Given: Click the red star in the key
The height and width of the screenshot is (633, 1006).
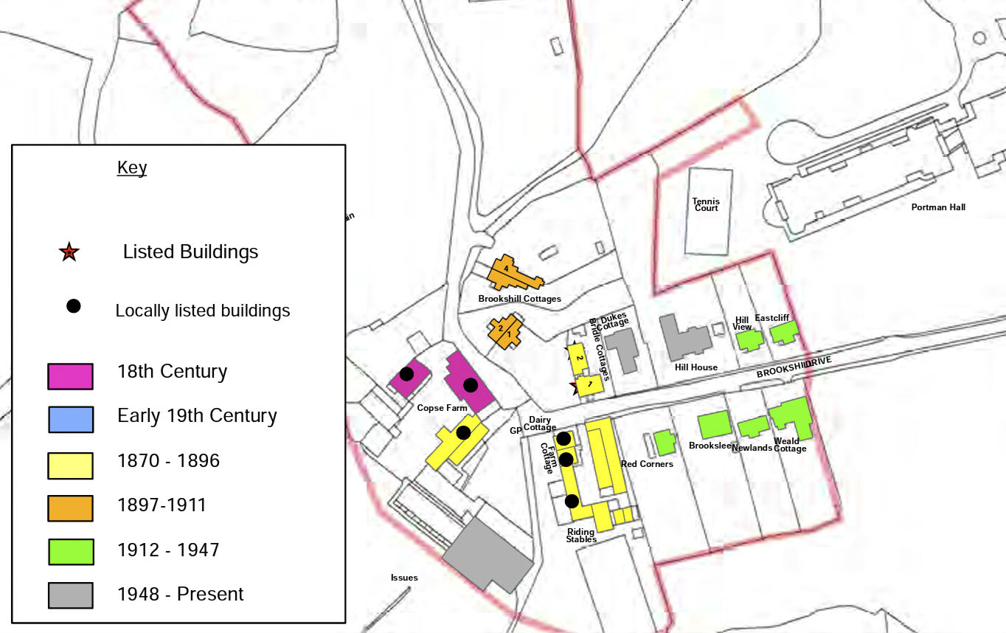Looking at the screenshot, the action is point(69,252).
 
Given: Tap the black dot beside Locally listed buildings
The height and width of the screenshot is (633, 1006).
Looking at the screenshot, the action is point(74,306).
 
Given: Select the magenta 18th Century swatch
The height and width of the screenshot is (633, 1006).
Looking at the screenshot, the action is point(70,376).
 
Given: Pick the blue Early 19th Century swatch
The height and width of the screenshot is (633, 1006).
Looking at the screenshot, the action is point(70,419).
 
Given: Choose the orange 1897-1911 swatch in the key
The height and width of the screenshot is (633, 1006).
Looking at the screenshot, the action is point(70,508).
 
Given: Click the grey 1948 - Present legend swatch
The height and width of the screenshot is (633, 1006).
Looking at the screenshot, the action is point(70,595).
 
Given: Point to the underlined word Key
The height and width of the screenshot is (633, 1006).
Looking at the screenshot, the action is point(132,167).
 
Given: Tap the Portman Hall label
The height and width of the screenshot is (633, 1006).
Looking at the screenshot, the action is point(938,207).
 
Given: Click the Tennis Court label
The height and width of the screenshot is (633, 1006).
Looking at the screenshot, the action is point(706,204).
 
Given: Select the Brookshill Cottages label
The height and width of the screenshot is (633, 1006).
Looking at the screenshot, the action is point(519,299).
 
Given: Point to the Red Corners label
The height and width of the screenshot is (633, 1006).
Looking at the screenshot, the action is point(647,464).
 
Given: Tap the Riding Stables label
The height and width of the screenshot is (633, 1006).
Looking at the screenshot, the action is point(581,536).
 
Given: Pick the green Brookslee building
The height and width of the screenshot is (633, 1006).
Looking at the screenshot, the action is point(714,426).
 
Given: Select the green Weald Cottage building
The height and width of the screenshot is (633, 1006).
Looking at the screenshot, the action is point(793,418).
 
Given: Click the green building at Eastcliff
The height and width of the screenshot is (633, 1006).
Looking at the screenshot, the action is point(783,333).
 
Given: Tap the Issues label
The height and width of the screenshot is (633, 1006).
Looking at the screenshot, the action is point(404,578).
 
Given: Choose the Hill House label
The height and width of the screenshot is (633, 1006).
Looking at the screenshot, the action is point(695,367).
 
